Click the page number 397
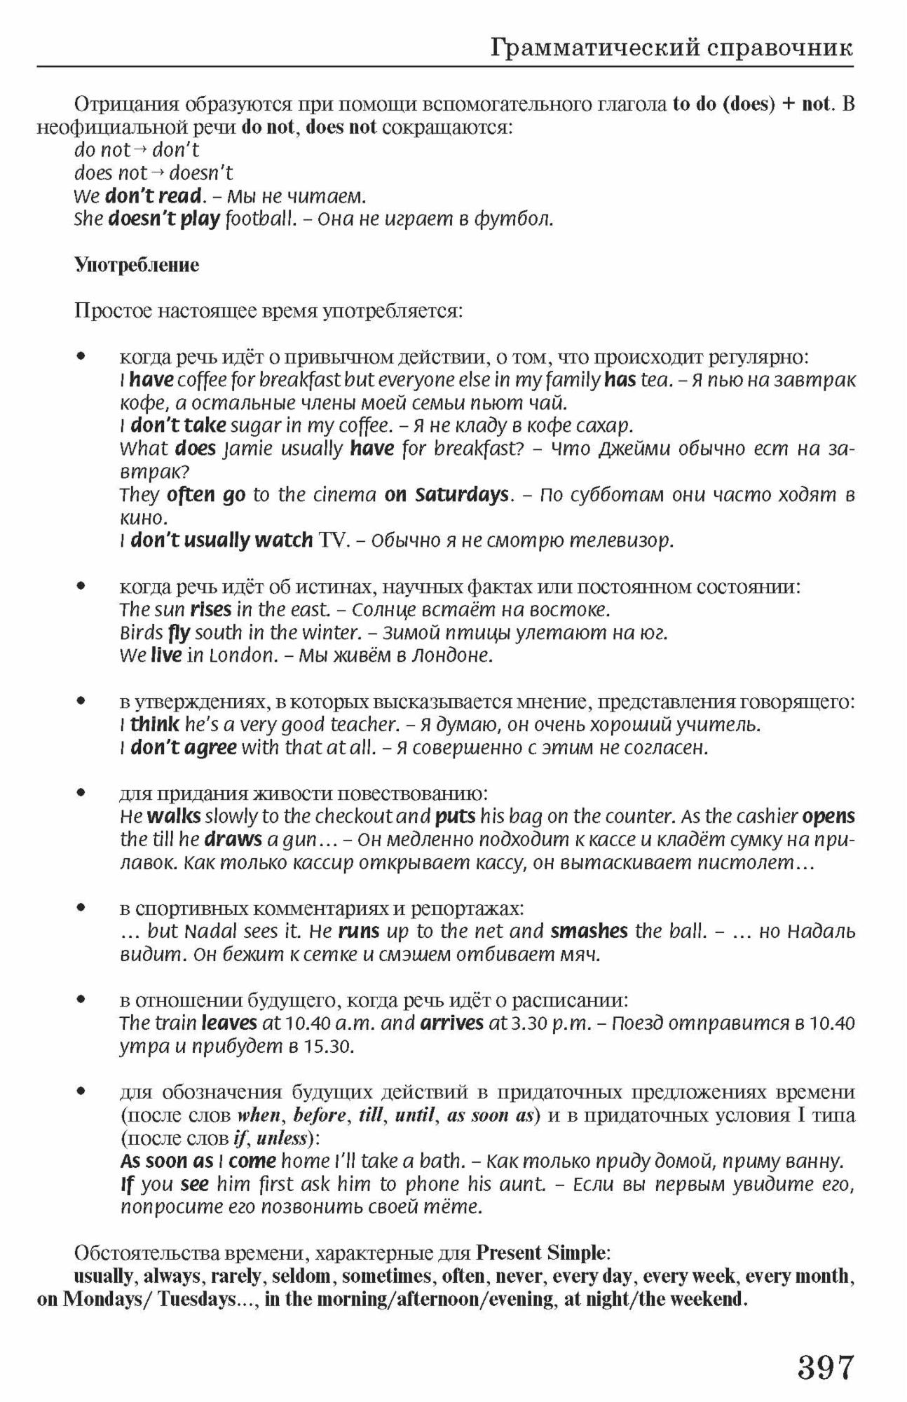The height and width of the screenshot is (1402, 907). [825, 1366]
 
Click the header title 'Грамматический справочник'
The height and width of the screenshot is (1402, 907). [671, 48]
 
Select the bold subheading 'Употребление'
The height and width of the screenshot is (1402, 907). [137, 265]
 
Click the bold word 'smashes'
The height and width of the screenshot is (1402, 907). [589, 931]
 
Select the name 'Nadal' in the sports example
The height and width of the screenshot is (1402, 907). [210, 932]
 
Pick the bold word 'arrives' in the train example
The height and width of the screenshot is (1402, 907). [451, 1023]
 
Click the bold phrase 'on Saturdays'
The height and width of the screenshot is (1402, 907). [446, 495]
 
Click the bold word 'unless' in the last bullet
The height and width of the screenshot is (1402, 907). [282, 1138]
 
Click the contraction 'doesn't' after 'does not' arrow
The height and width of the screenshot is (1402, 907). [201, 173]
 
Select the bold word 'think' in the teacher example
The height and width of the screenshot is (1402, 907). [154, 723]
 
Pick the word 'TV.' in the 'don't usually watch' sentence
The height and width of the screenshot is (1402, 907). [333, 540]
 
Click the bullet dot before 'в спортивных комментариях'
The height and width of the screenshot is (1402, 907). [81, 908]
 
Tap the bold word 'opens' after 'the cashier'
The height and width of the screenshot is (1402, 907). [828, 817]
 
